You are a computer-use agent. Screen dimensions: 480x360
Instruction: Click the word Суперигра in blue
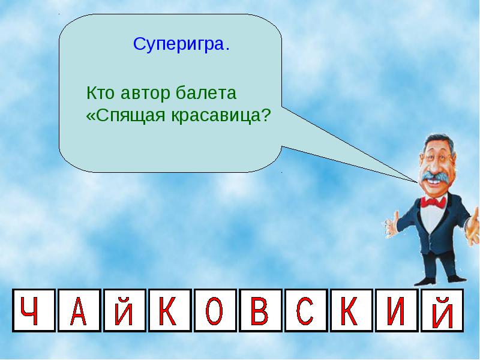tap(179, 44)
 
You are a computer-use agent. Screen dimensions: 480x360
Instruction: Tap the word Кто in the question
tap(100, 93)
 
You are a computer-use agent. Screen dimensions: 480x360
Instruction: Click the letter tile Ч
tap(34, 310)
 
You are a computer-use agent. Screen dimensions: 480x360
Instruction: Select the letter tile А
tap(79, 310)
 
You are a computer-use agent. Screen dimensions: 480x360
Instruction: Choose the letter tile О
tap(215, 310)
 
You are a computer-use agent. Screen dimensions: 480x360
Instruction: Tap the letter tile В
tap(260, 310)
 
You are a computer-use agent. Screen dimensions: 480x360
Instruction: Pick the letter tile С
tap(306, 310)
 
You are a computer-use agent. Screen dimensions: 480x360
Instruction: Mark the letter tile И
tap(397, 310)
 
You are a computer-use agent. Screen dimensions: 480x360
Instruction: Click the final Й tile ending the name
tap(442, 310)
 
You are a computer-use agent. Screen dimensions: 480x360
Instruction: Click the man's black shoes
tap(441, 280)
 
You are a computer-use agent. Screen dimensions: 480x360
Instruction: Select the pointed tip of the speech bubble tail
tap(418, 182)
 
